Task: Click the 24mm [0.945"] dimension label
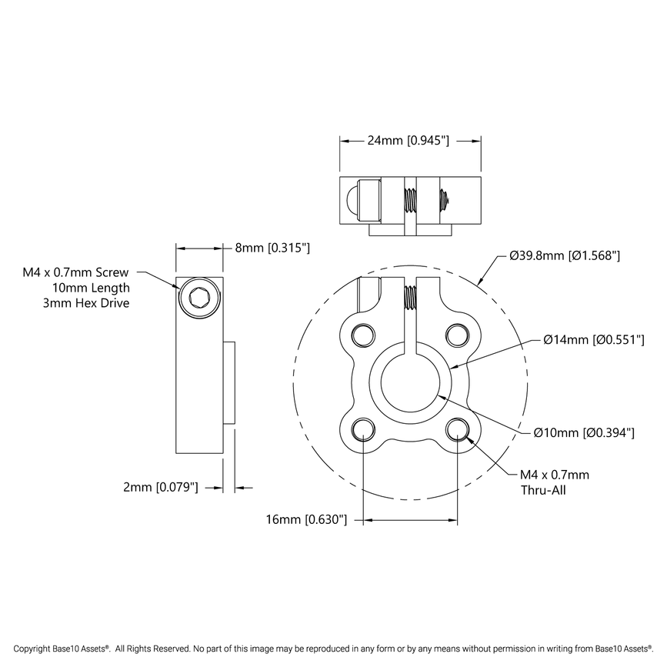tap(408, 141)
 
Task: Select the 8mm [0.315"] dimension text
tap(272, 248)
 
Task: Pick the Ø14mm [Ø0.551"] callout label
tap(593, 339)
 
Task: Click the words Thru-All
tap(543, 489)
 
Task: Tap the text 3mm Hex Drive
tap(86, 303)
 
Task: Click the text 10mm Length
tap(91, 288)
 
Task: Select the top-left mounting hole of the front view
tap(362, 333)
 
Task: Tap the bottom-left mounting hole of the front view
tap(362, 429)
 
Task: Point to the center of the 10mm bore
tap(410, 381)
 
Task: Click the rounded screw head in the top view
tap(352, 199)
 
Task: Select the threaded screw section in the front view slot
tap(410, 297)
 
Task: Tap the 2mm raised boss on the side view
tap(228, 382)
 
